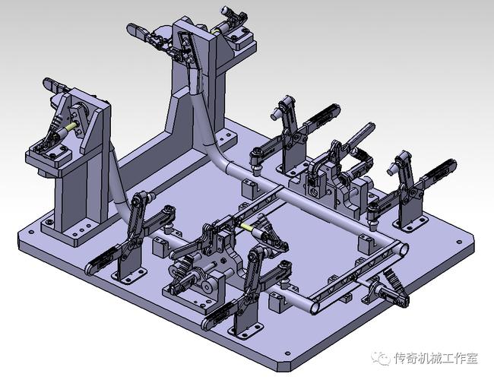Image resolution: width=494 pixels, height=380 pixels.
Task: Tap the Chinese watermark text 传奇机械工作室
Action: (x=435, y=357)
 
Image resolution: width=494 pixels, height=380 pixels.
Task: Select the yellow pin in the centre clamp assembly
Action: (x=245, y=226)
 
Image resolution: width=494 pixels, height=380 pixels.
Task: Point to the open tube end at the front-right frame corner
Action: (x=401, y=248)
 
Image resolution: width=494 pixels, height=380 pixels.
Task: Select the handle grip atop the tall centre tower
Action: (x=138, y=30)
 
